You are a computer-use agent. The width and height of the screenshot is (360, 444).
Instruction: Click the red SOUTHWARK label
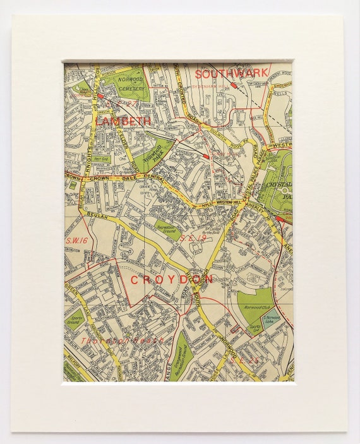[232, 72]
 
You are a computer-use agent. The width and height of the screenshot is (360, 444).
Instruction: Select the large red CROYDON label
[172, 279]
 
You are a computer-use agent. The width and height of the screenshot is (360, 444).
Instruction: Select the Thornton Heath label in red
[122, 340]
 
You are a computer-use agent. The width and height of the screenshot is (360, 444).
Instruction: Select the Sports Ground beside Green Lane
[75, 320]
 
